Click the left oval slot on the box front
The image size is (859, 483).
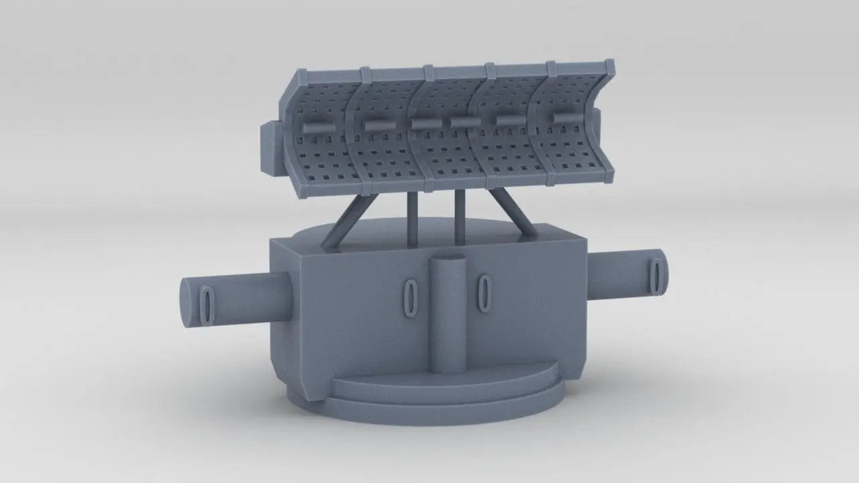409,296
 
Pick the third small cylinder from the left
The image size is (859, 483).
424,124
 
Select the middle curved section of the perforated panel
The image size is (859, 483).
453,134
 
